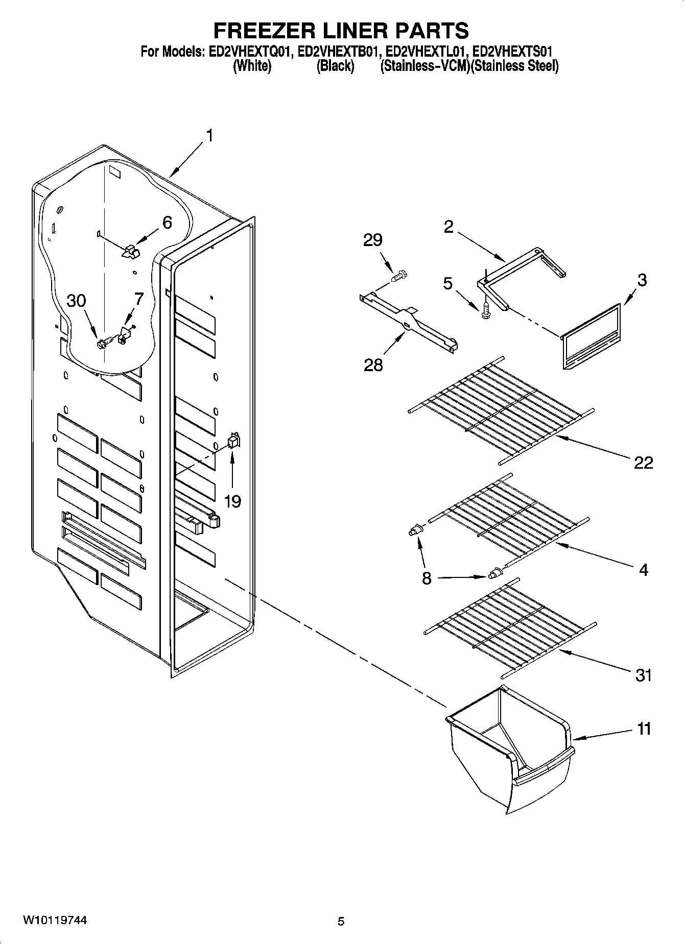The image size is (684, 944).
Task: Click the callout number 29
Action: pos(372,240)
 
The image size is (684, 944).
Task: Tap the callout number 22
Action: pos(643,463)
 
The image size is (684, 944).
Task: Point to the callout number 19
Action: pos(232,501)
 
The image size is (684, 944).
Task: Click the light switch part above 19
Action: pos(233,440)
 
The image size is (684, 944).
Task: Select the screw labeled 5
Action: pos(485,310)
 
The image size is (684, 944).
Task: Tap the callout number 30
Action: pos(77,301)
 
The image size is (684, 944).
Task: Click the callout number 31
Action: pos(643,675)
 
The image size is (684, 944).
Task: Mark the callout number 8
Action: pos(427,578)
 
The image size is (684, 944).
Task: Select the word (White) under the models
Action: pos(251,66)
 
